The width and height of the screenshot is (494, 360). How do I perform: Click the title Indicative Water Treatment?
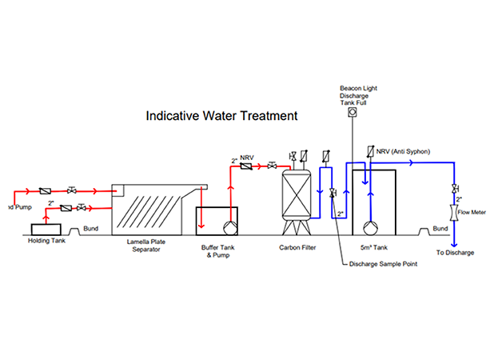(x=221, y=115)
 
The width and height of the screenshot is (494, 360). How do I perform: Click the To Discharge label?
(x=456, y=253)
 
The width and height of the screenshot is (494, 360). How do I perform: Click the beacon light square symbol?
(x=350, y=112)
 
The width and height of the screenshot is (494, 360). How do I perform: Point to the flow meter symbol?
(x=455, y=213)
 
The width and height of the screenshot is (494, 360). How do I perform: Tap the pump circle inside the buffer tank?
(x=231, y=226)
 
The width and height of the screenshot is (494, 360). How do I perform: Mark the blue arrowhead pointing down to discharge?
(x=455, y=243)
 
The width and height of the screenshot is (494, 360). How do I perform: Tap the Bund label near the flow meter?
(x=440, y=229)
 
